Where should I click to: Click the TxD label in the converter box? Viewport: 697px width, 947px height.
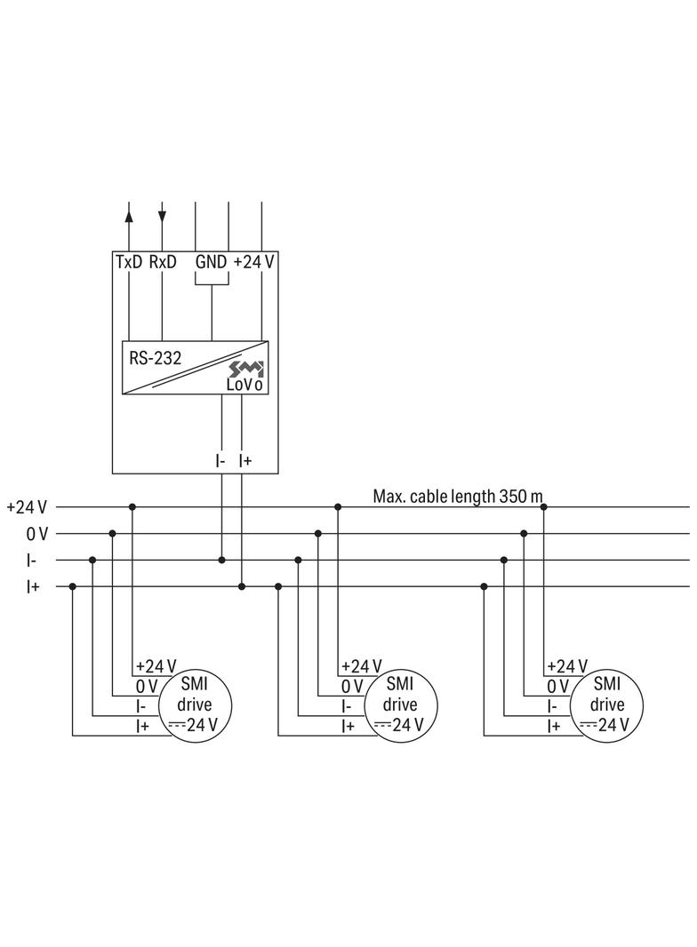tap(130, 262)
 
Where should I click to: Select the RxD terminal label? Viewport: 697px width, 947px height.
tap(163, 262)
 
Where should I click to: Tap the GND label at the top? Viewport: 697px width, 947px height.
tap(212, 262)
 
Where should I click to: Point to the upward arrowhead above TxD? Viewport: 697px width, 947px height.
tap(130, 213)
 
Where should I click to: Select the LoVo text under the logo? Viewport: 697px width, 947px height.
tap(244, 386)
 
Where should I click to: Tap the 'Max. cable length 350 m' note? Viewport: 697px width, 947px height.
tap(457, 496)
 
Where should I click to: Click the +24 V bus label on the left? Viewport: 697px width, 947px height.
tap(26, 507)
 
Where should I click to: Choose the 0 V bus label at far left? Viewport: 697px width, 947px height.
tap(36, 534)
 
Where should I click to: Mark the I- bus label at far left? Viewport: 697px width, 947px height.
tap(32, 561)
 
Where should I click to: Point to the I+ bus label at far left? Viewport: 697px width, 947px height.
tap(34, 587)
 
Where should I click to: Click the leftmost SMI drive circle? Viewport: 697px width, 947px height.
tap(194, 704)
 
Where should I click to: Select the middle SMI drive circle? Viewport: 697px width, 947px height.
tap(400, 704)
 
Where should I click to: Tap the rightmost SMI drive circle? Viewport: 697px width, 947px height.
tap(607, 704)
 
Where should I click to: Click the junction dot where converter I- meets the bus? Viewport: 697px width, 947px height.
tap(221, 560)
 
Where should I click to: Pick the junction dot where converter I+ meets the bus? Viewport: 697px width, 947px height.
tap(242, 586)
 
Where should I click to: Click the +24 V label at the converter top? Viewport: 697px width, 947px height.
tap(253, 262)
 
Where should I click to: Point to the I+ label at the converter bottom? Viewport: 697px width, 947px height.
tap(245, 460)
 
